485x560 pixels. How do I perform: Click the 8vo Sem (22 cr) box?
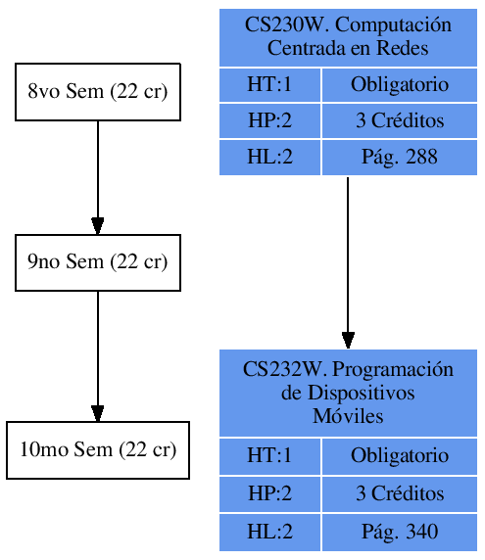[x=98, y=92]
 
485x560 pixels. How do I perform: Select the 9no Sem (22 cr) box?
[x=98, y=262]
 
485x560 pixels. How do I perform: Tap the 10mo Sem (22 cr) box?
[x=98, y=450]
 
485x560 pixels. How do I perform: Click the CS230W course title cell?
[x=348, y=37]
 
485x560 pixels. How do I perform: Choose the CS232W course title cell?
[x=348, y=393]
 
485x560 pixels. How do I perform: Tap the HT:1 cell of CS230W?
[x=269, y=84]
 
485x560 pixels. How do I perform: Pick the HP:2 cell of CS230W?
[x=269, y=121]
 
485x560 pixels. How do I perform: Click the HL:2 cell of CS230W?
[x=269, y=158]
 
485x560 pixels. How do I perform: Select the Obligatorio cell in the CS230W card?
[x=399, y=84]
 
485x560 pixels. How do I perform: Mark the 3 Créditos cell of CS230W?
[x=399, y=121]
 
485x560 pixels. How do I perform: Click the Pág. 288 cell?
[x=399, y=158]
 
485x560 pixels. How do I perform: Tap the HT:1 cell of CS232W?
[x=269, y=456]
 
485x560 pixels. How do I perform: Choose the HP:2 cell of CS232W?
[x=269, y=494]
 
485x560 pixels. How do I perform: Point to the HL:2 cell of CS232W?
[x=269, y=532]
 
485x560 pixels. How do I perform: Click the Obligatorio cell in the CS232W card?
[x=399, y=456]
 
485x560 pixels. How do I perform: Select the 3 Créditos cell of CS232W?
[x=399, y=494]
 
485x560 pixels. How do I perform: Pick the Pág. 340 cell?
[x=399, y=532]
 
